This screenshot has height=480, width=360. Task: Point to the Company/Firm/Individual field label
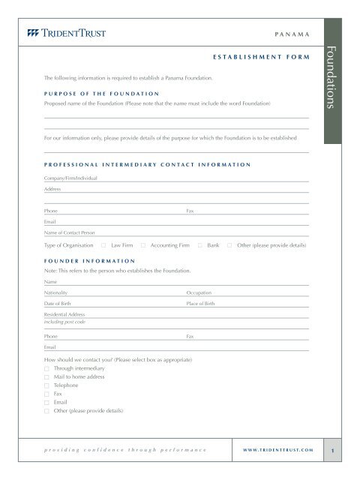pyautogui.click(x=70, y=178)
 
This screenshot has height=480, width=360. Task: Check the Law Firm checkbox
pyautogui.click(x=103, y=245)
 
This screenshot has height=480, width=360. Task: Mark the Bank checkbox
pyautogui.click(x=199, y=245)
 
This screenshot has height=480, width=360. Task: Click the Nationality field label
pyautogui.click(x=58, y=292)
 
